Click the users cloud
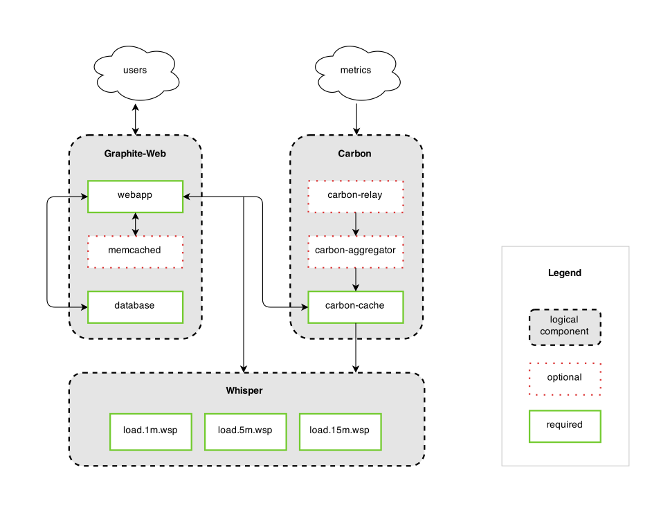(x=135, y=71)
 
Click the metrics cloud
(x=356, y=71)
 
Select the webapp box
(x=135, y=196)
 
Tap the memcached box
(x=135, y=251)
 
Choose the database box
(x=135, y=306)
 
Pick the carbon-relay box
(x=355, y=196)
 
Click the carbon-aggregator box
(x=355, y=251)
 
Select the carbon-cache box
(x=355, y=306)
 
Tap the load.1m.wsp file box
(x=150, y=431)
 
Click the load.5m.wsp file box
(x=245, y=431)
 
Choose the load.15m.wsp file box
(x=339, y=431)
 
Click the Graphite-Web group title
(x=135, y=154)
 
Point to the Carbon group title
(x=355, y=154)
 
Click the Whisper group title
(x=244, y=391)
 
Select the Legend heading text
(x=565, y=273)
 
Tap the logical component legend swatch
(x=565, y=327)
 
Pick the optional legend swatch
(x=565, y=379)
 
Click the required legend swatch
(x=565, y=426)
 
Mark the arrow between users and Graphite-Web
(x=136, y=119)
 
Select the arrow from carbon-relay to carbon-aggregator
(x=355, y=224)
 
